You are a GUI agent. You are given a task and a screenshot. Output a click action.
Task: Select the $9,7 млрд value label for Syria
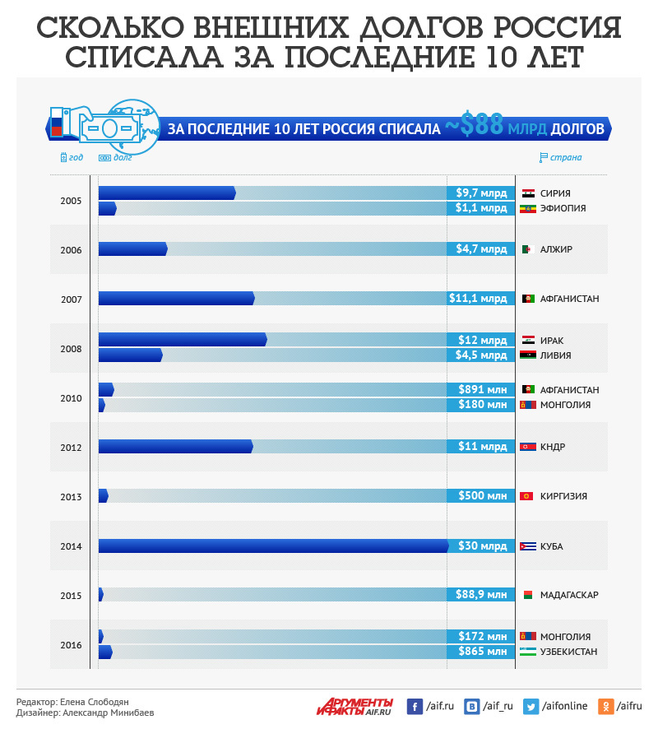coord(481,193)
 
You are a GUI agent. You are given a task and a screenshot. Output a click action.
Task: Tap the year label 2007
coord(71,299)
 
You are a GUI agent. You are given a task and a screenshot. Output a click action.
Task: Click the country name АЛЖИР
coord(556,250)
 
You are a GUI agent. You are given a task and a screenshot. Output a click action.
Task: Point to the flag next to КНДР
coord(528,447)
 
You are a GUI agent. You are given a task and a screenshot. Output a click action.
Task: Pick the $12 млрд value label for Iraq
coord(481,341)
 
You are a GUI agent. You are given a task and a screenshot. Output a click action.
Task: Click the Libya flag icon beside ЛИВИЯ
coord(528,355)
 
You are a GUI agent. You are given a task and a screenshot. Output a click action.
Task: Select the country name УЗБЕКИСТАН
coord(568,652)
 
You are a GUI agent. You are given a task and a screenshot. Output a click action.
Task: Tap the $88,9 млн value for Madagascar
coord(481,595)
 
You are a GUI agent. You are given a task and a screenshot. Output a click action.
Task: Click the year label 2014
coord(71,546)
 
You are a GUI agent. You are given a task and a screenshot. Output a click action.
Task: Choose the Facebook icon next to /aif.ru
coord(415,706)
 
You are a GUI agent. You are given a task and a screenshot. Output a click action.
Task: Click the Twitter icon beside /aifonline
coord(531,706)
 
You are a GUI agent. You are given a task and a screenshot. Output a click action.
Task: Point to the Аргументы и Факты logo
coord(354,706)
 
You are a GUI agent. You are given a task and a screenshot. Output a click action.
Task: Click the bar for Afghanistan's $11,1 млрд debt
coord(176,299)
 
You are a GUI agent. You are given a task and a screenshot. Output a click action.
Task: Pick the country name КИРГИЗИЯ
coord(563,497)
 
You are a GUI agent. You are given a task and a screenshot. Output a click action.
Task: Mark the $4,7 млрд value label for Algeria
coord(481,249)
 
